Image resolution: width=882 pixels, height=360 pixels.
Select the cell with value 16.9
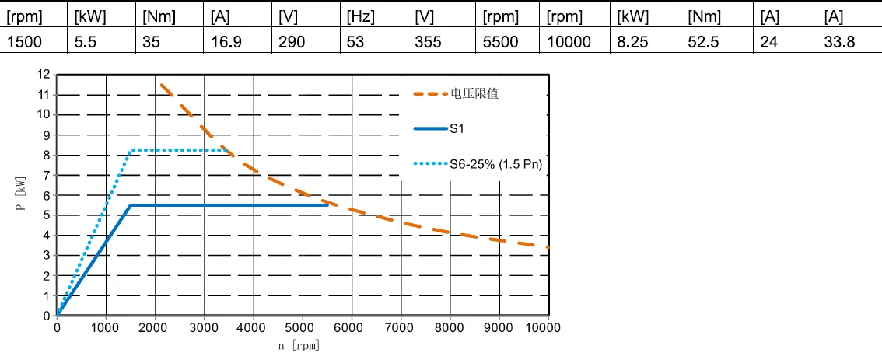[226, 42]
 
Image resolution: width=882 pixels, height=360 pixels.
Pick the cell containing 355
[427, 42]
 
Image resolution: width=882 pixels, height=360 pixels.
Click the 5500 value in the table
[500, 42]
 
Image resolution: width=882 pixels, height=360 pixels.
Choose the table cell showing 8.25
[632, 42]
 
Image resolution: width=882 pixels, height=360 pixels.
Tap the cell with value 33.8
[840, 42]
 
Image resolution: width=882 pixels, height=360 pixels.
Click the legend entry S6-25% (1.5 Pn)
[495, 164]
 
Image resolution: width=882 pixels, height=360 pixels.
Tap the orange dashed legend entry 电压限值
[474, 93]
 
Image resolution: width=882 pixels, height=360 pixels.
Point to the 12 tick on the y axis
[44, 75]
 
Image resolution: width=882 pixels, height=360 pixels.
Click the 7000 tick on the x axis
[401, 328]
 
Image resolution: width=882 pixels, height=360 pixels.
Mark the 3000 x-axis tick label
[204, 328]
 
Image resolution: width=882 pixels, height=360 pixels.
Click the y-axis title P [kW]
[23, 195]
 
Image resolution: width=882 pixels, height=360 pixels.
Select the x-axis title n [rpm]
[299, 345]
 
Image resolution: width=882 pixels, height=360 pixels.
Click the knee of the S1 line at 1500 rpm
[131, 205]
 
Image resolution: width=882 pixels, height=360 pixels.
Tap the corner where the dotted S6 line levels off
[131, 150]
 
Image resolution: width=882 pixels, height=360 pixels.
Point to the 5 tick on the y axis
[47, 215]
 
